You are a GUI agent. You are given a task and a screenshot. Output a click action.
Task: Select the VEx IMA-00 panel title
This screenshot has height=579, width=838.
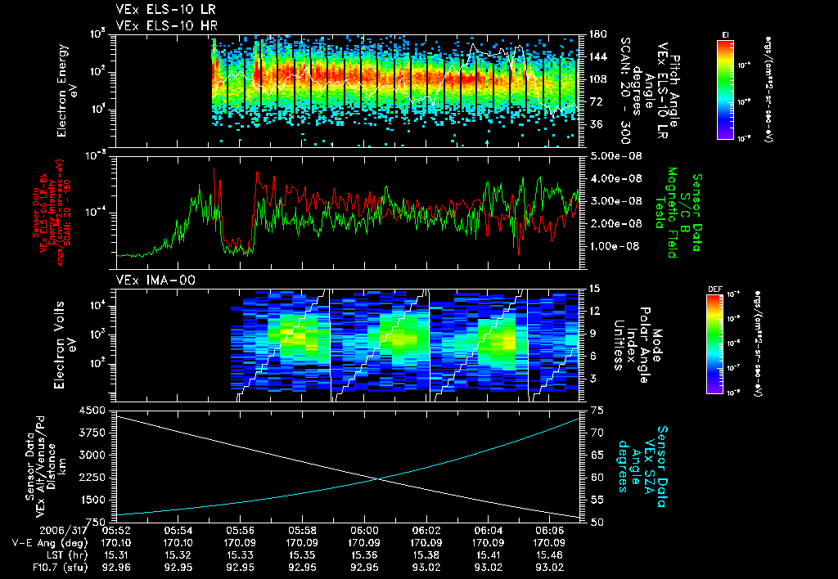point(147,280)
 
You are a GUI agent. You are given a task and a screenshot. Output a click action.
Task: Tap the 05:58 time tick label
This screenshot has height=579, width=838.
point(303,529)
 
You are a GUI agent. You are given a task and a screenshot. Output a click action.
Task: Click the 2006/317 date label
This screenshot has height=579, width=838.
point(35,529)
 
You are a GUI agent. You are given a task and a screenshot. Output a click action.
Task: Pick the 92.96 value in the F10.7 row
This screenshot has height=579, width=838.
point(117,567)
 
